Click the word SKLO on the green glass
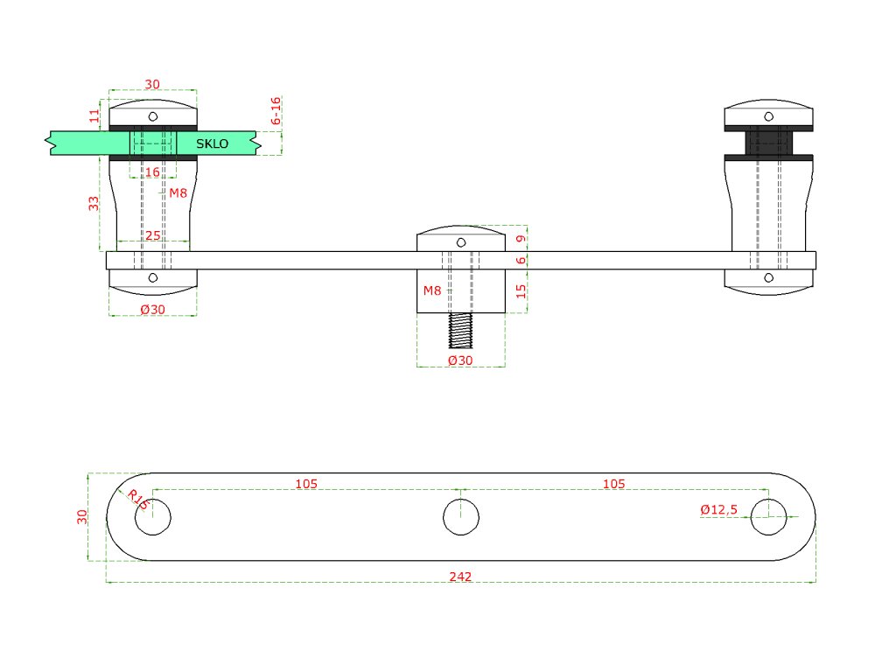(x=212, y=143)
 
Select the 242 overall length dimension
(x=460, y=577)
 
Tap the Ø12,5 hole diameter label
(x=719, y=509)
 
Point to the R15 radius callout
(x=137, y=500)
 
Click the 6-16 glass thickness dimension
(x=276, y=111)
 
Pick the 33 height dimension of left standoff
(x=94, y=203)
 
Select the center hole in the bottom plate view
(x=460, y=516)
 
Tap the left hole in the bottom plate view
(x=152, y=516)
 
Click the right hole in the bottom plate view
(x=768, y=516)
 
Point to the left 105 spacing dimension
(x=306, y=484)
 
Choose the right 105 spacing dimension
(x=614, y=484)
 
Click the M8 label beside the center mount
(x=432, y=290)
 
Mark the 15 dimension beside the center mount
(x=521, y=291)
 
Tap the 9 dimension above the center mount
(x=521, y=238)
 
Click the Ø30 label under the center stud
(x=460, y=360)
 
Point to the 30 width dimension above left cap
(x=152, y=84)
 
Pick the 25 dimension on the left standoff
(x=152, y=236)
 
